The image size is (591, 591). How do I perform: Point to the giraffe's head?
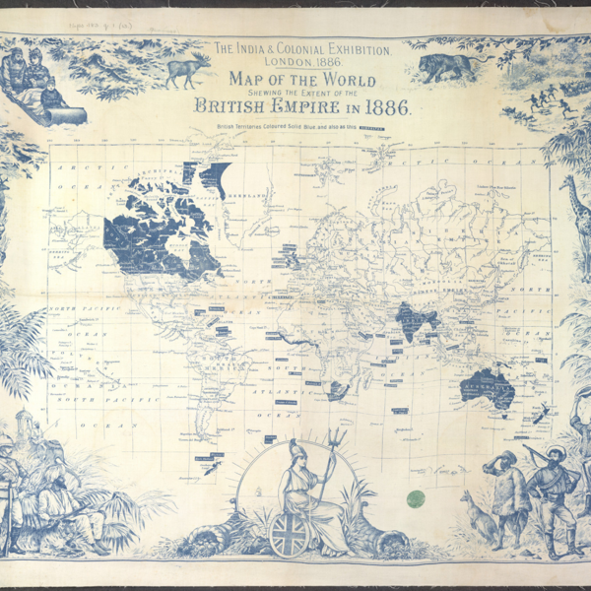(x=568, y=184)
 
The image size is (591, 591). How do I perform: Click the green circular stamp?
(x=417, y=498)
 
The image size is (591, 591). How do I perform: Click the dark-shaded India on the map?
(x=407, y=319)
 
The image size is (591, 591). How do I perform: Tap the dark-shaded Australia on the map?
(x=490, y=387)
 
